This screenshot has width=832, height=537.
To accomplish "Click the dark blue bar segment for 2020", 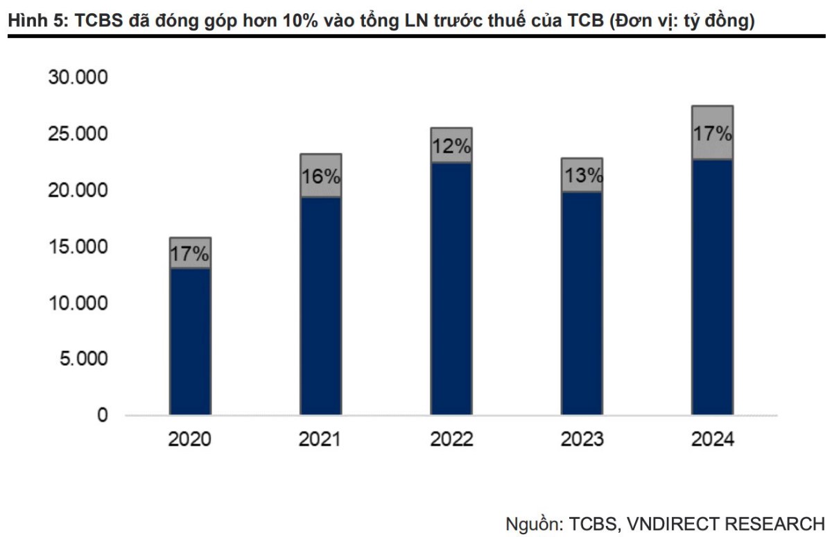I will [191, 341].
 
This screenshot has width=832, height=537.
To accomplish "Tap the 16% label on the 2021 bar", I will [321, 176].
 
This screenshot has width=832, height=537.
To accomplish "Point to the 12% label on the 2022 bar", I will [451, 146].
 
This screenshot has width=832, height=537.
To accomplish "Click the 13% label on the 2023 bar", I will [582, 176].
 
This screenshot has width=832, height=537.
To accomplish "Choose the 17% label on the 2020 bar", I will [191, 255].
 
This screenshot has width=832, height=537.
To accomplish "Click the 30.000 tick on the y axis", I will [78, 78].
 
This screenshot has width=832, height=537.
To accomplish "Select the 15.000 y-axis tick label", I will [78, 247].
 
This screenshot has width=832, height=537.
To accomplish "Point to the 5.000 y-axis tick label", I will [83, 359].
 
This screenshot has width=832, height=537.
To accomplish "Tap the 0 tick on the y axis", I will [102, 416].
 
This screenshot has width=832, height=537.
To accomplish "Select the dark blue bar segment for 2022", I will [451, 289].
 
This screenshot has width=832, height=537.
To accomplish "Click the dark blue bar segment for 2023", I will [582, 303].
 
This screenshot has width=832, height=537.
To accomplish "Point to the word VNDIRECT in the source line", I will [670, 522].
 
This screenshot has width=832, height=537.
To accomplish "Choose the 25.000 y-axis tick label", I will [78, 134].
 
